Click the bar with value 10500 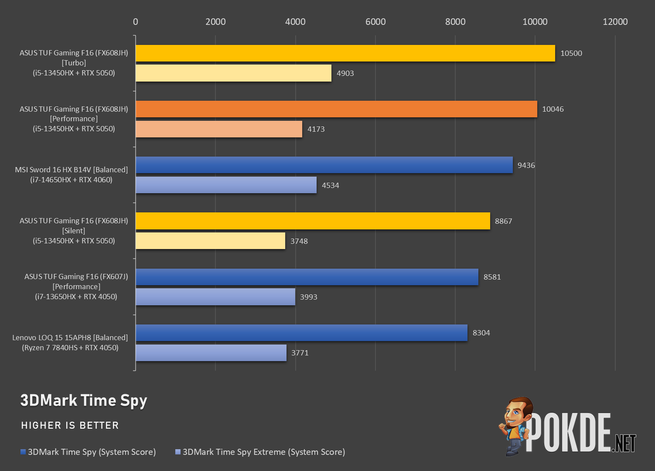tap(345, 53)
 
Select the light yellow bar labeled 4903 tap(234, 73)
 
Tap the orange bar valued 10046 tap(337, 109)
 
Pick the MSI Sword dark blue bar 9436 tap(324, 165)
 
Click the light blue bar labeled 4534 tap(226, 185)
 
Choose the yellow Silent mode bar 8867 tap(313, 221)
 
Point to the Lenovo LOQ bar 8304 tap(301, 333)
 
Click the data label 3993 tap(308, 297)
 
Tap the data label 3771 tap(300, 353)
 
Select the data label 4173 tap(316, 129)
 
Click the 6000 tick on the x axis tap(375, 22)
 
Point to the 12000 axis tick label tap(615, 22)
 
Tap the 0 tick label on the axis tap(135, 22)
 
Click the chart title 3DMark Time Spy tap(84, 401)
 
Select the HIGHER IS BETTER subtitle tap(70, 425)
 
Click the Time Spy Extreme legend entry tap(260, 452)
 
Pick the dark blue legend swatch tap(23, 452)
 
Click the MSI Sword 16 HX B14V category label tap(72, 170)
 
